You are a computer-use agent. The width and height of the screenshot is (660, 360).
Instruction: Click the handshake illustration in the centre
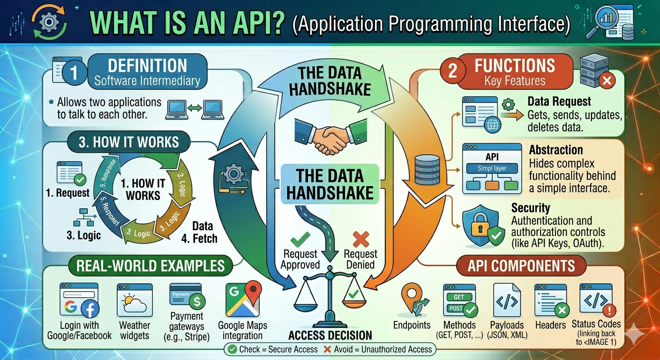[330, 136]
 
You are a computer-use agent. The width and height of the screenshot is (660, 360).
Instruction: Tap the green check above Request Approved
[300, 239]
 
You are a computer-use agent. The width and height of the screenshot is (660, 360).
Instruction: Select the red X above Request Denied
[360, 239]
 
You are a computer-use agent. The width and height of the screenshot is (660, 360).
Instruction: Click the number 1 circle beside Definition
[74, 73]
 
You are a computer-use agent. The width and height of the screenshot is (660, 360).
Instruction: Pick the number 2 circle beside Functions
[453, 71]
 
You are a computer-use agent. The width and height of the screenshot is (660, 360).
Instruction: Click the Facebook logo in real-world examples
[90, 309]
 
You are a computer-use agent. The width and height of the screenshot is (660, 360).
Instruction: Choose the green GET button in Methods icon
[459, 297]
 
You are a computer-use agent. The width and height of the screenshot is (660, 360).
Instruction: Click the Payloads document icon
[507, 300]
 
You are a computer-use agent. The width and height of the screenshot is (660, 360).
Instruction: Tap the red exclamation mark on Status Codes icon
[609, 310]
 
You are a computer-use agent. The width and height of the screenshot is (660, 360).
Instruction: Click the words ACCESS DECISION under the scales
[330, 335]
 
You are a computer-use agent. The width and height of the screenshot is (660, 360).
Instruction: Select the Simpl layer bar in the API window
[492, 168]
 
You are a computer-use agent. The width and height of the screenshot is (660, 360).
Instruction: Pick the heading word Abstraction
[555, 150]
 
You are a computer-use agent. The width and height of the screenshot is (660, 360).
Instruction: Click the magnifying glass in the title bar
[598, 22]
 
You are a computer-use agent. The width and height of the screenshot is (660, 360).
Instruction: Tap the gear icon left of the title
[49, 22]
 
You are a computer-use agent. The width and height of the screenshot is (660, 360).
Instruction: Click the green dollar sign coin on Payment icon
[197, 302]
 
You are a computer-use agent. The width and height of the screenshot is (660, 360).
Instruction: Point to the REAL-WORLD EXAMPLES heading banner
[150, 266]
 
